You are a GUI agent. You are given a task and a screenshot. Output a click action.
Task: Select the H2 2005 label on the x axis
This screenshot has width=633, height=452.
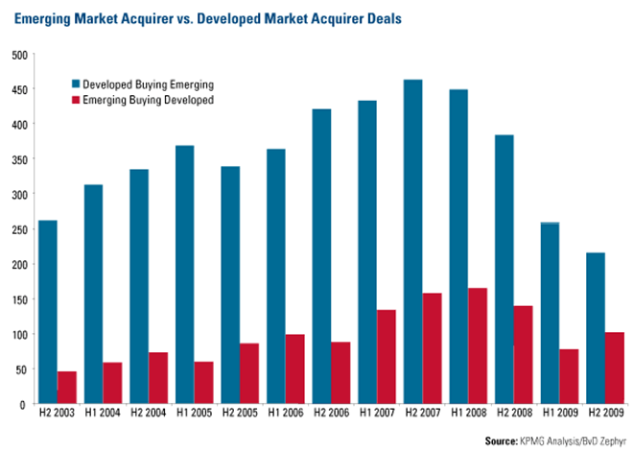(240, 415)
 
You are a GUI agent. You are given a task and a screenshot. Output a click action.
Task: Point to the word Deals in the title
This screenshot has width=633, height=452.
(382, 18)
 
